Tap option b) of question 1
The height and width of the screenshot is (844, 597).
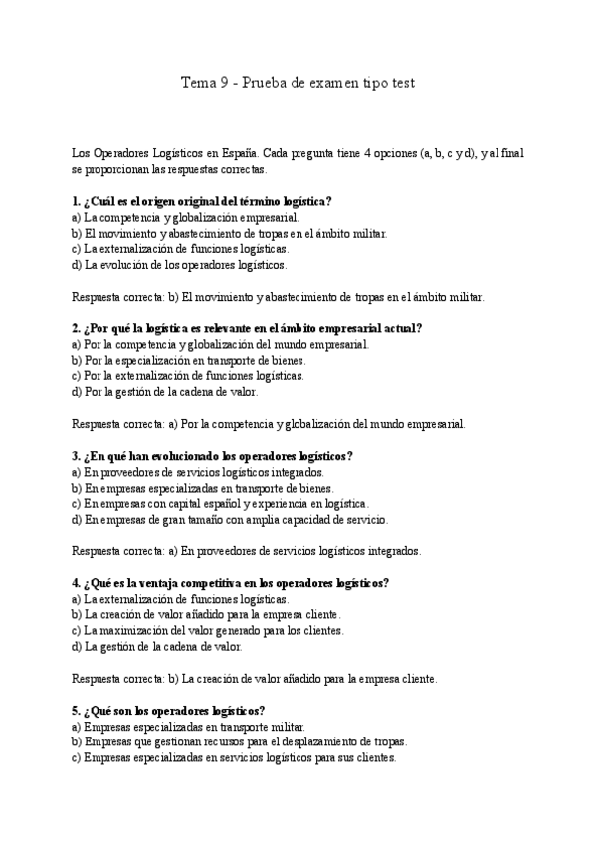229,233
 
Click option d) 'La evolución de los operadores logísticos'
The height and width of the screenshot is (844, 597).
179,265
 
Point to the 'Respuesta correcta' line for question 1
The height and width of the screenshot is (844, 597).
279,297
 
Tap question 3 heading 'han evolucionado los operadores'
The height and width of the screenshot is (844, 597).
212,456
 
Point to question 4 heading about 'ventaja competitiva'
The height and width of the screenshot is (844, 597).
230,583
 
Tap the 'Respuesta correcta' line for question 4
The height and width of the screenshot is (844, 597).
255,679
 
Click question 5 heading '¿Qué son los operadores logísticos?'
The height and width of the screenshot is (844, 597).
168,711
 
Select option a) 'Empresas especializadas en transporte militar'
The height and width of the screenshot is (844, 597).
188,727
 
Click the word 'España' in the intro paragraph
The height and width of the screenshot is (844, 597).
234,153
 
